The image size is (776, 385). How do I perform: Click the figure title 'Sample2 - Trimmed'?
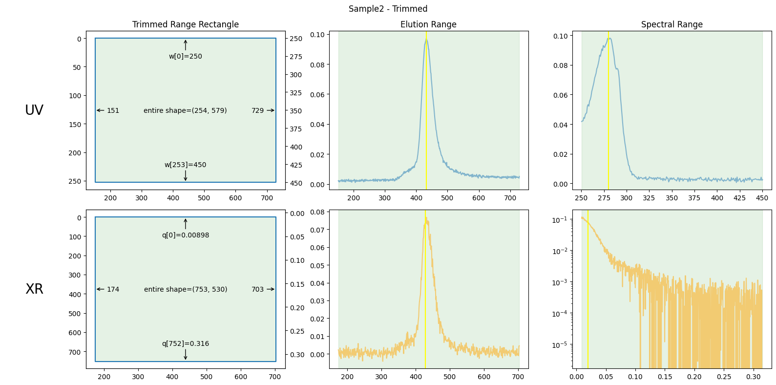(x=388, y=9)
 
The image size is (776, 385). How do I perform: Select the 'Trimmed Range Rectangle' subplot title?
(x=186, y=24)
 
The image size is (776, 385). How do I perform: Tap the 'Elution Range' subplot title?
(x=428, y=24)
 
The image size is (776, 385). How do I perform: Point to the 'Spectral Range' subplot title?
(x=671, y=24)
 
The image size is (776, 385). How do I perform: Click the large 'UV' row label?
(x=34, y=110)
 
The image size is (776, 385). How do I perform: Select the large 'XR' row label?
(x=34, y=289)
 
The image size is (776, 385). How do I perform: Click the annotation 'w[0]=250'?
(x=186, y=56)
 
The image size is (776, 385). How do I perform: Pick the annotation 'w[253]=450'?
(x=186, y=165)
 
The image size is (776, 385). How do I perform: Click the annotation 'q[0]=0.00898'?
(x=186, y=235)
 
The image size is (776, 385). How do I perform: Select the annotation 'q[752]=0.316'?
(x=186, y=343)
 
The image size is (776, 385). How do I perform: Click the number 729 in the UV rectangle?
(x=257, y=110)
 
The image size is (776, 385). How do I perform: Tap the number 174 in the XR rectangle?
(x=113, y=289)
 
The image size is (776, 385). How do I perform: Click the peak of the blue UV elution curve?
(x=426, y=39)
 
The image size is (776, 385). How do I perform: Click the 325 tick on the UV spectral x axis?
(x=649, y=197)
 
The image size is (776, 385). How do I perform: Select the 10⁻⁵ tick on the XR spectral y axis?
(x=560, y=345)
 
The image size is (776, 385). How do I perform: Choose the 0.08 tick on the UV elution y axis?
(x=317, y=65)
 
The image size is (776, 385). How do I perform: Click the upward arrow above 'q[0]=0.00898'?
(x=186, y=224)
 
